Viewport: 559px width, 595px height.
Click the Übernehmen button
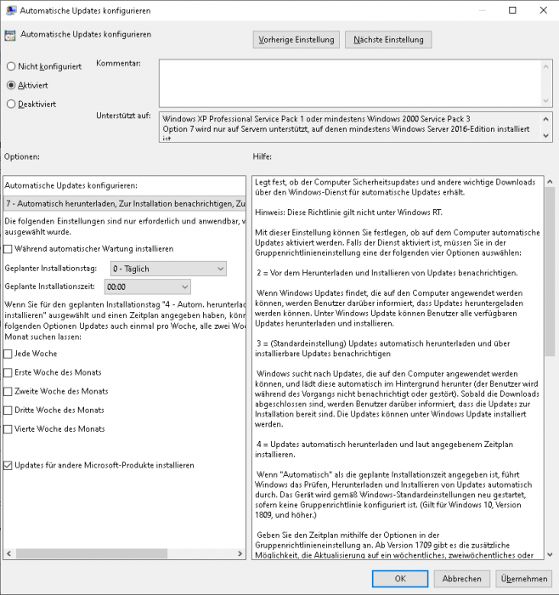coord(523,578)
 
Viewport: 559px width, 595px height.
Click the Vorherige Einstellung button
coord(296,40)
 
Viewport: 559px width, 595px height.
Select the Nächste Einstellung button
coord(388,40)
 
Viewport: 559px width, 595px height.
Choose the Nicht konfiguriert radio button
coord(11,65)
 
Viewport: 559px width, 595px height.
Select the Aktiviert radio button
coord(11,85)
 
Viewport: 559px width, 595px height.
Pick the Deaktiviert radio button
coord(11,105)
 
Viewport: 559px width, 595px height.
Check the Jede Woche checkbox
coord(8,354)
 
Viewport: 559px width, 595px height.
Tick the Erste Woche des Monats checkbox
coord(8,372)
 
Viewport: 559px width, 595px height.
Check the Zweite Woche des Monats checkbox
coord(8,391)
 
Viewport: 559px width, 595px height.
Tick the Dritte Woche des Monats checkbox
coord(8,410)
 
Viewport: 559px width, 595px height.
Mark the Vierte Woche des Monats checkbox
coord(8,428)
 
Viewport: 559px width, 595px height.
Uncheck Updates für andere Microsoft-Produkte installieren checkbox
coord(8,465)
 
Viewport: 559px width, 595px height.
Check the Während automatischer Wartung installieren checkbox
coord(8,249)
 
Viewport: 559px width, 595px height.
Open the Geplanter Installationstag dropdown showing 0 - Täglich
coord(168,269)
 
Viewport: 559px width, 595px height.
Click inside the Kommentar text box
coord(348,80)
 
